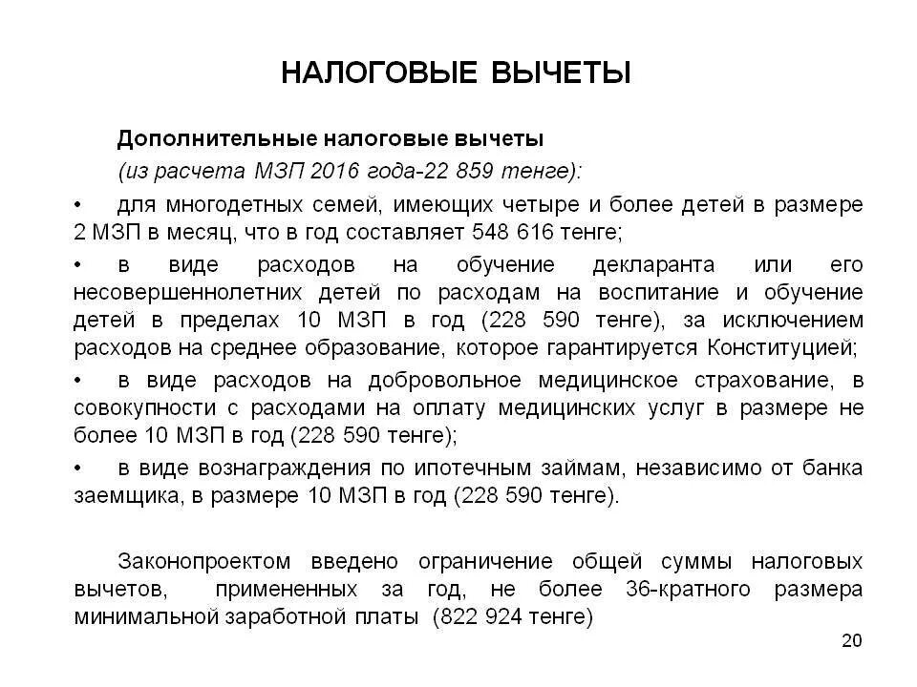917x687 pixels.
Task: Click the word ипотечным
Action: click(x=463, y=468)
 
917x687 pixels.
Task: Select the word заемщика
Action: click(x=120, y=495)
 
